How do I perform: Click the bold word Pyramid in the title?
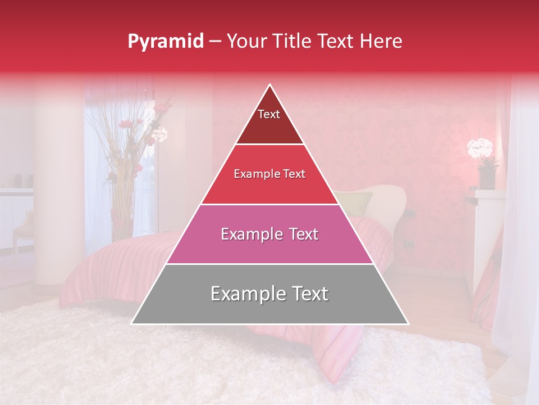[165, 42]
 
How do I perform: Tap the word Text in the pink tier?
[300, 234]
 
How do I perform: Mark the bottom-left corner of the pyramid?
[133, 323]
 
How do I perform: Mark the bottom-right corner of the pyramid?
[408, 323]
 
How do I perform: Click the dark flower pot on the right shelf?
[487, 178]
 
